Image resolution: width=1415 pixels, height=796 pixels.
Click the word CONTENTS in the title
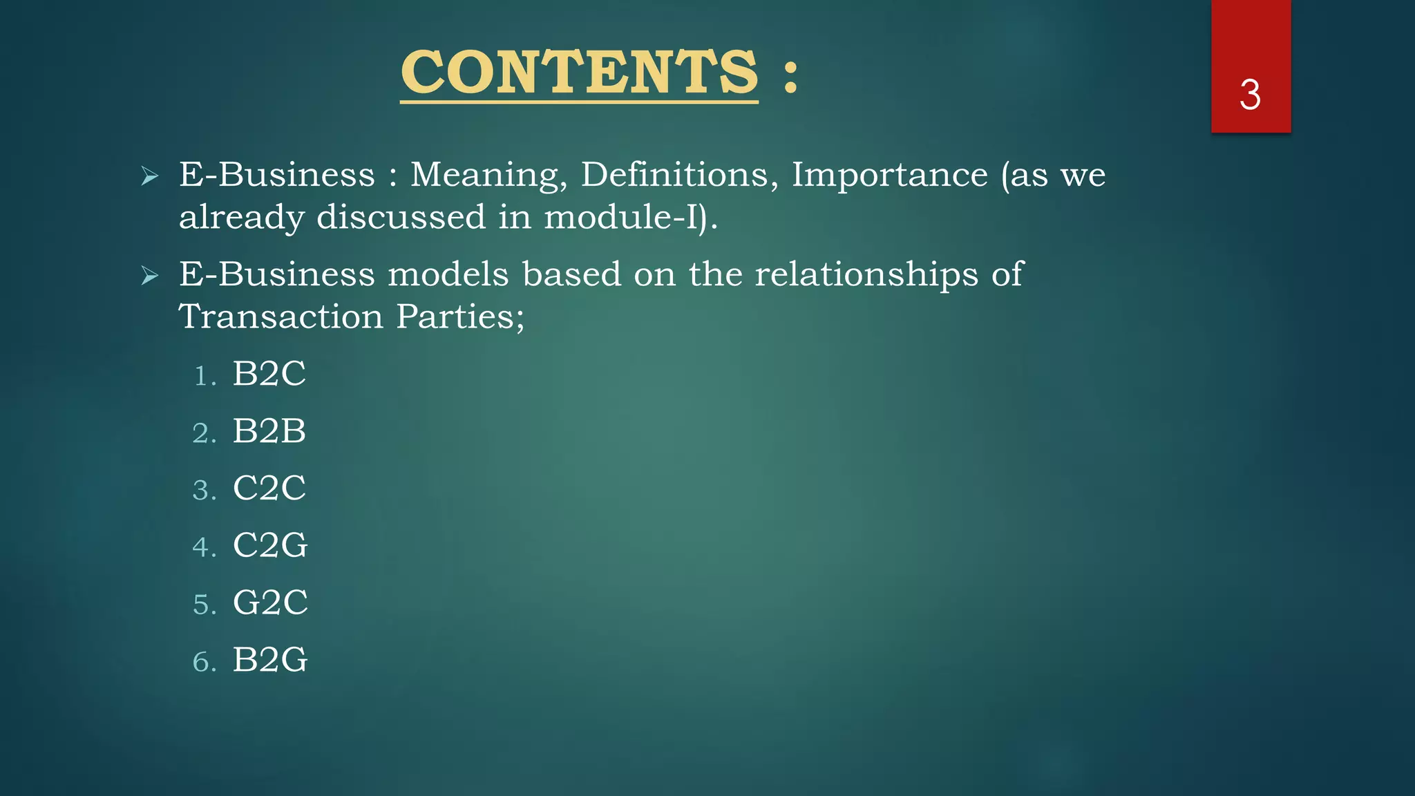pyautogui.click(x=579, y=73)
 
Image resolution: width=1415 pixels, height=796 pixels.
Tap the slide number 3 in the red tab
pyautogui.click(x=1250, y=95)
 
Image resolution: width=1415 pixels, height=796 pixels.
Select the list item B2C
pyautogui.click(x=269, y=374)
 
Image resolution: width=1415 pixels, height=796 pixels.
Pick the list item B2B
pyautogui.click(x=269, y=431)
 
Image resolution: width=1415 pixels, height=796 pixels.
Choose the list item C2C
pyautogui.click(x=269, y=488)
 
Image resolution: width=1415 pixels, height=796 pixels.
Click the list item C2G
pyautogui.click(x=269, y=545)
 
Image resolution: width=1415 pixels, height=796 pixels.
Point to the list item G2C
pyautogui.click(x=269, y=603)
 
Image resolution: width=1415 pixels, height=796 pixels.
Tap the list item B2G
pyautogui.click(x=269, y=660)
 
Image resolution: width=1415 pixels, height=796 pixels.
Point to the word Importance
pyautogui.click(x=889, y=176)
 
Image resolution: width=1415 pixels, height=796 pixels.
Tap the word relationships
pyautogui.click(x=866, y=275)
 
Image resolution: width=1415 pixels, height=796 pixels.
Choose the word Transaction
pyautogui.click(x=281, y=317)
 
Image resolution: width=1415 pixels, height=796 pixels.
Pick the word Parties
pyautogui.click(x=459, y=318)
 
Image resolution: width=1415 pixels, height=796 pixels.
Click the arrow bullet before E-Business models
pyautogui.click(x=150, y=276)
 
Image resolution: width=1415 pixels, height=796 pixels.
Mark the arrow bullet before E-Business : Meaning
pyautogui.click(x=150, y=176)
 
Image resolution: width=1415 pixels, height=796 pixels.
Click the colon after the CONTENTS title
pyautogui.click(x=791, y=76)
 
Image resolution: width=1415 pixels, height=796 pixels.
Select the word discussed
pyautogui.click(x=401, y=217)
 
